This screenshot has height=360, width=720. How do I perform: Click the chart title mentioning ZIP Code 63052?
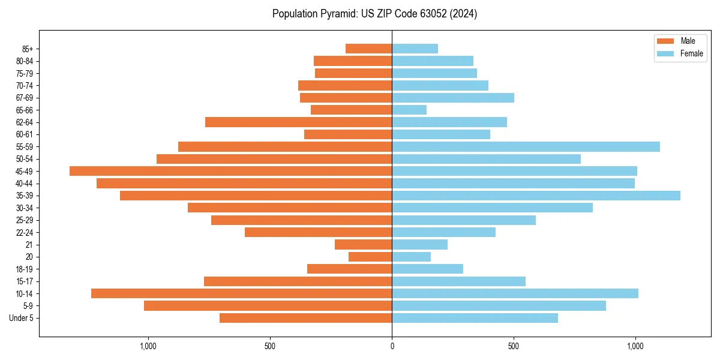click(x=374, y=14)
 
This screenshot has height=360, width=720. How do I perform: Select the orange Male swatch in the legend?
click(x=666, y=41)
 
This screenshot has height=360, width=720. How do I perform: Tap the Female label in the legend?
click(x=691, y=53)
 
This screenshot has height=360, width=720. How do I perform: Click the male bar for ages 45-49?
click(x=230, y=171)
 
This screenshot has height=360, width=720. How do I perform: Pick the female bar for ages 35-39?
click(x=536, y=196)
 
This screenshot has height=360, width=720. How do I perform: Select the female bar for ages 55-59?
click(x=526, y=146)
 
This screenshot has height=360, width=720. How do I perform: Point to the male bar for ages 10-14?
click(x=241, y=293)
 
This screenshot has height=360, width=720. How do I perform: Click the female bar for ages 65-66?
click(x=409, y=110)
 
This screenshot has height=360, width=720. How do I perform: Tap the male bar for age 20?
click(x=370, y=257)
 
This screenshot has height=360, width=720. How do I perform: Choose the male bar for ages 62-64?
click(x=298, y=122)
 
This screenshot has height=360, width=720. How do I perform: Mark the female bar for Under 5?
click(x=475, y=318)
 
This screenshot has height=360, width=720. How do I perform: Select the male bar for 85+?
click(x=368, y=49)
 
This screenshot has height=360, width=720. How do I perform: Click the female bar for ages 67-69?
click(x=453, y=98)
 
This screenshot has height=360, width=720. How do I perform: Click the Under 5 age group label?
click(x=21, y=318)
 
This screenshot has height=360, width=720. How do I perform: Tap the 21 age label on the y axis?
click(x=29, y=245)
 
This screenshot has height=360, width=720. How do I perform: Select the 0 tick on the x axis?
click(x=392, y=346)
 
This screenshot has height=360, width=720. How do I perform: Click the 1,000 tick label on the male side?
click(x=148, y=346)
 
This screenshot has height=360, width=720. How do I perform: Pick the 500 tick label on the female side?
click(x=514, y=346)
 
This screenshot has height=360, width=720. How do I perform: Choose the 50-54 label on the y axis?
click(x=25, y=159)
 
